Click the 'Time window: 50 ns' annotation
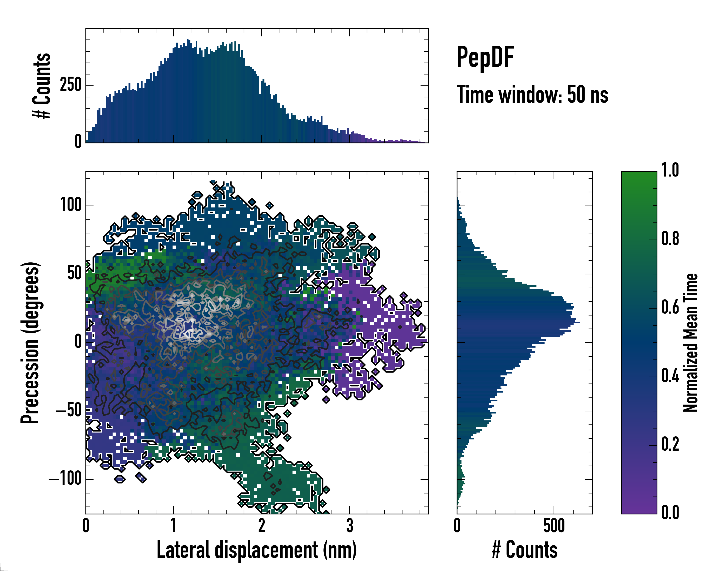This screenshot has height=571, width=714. click(532, 95)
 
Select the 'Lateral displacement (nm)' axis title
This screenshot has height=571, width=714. click(257, 550)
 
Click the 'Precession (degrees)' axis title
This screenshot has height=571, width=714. click(30, 343)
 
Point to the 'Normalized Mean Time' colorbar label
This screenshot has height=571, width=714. click(691, 343)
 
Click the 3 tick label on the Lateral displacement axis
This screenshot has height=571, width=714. click(349, 526)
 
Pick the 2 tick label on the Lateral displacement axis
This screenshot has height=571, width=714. click(262, 526)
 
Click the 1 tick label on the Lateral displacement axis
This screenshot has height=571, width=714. click(174, 526)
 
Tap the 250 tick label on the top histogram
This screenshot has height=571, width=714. click(70, 85)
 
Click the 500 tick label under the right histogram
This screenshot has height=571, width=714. click(554, 526)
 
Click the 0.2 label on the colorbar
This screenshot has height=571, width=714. click(670, 444)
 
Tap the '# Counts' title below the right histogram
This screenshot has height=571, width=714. click(525, 550)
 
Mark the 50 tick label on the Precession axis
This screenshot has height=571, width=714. click(74, 274)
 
